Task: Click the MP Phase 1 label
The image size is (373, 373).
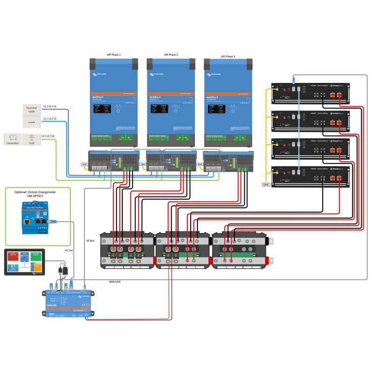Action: [x=114, y=55]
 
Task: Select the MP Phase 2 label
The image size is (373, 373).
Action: [x=171, y=55]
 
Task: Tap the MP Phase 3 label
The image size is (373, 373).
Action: [x=228, y=56]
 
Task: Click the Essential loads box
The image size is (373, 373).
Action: [x=32, y=110]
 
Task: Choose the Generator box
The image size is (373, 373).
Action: [x=13, y=139]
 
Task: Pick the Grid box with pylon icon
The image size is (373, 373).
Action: [x=32, y=139]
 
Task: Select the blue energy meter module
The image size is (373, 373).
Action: [x=36, y=218]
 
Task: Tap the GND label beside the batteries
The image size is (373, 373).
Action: [x=266, y=185]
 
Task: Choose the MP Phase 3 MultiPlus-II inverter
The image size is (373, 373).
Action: [x=228, y=103]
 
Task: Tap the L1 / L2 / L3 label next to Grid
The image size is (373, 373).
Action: [x=48, y=136]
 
